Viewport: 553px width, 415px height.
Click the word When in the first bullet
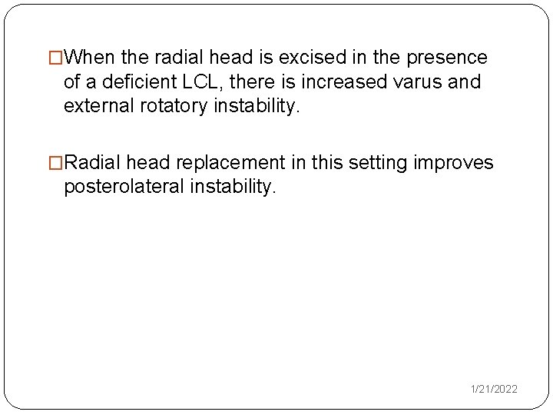pyautogui.click(x=91, y=58)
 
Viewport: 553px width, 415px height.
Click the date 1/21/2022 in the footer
pyautogui.click(x=494, y=390)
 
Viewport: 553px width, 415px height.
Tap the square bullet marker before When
pyautogui.click(x=56, y=58)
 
